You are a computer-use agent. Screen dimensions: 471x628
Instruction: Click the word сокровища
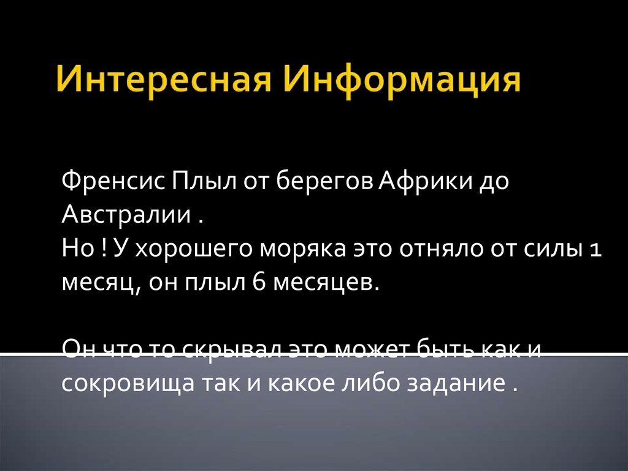[x=124, y=383]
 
